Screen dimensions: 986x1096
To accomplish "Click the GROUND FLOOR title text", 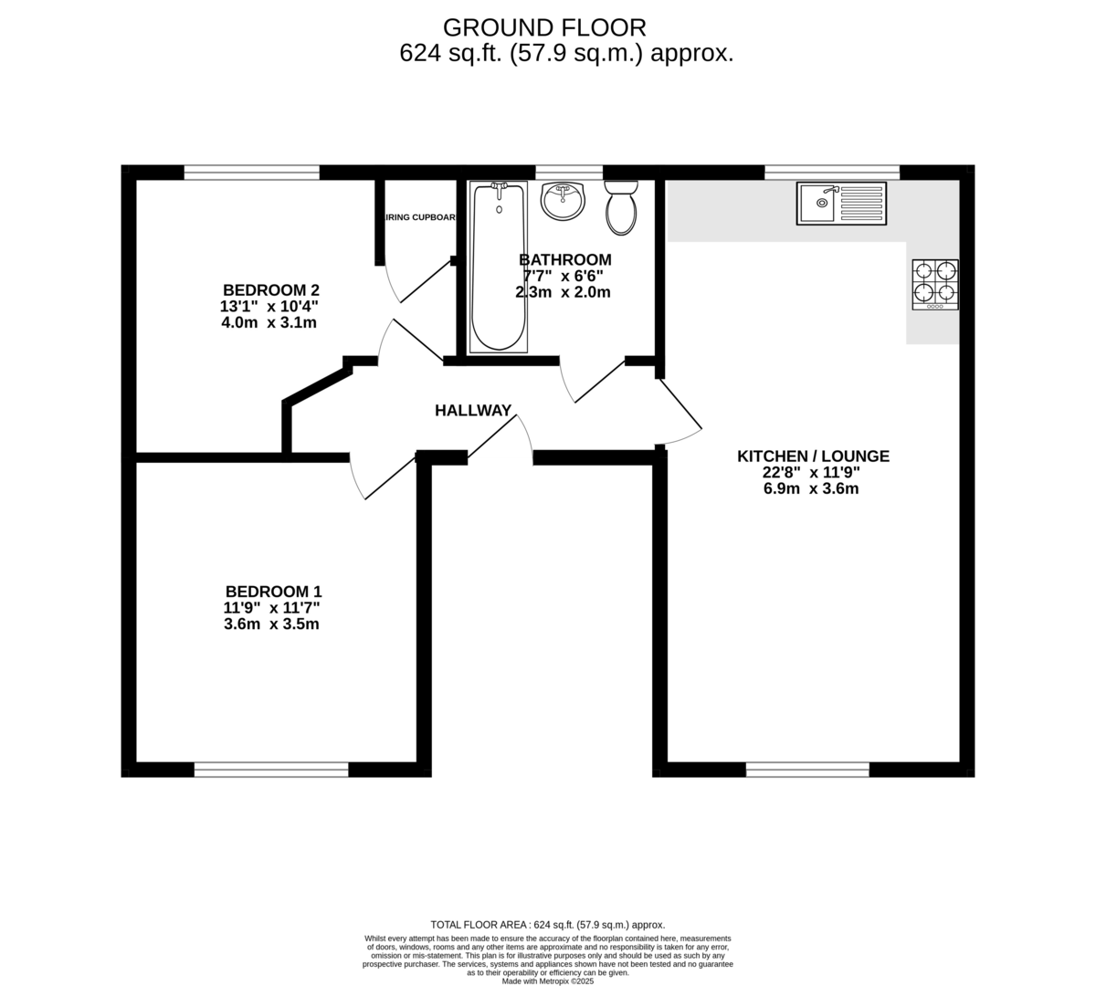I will [544, 27].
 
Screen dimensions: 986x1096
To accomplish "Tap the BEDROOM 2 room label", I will [271, 290].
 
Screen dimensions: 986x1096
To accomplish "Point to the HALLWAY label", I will [473, 411].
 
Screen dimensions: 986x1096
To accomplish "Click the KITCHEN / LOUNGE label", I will [813, 456].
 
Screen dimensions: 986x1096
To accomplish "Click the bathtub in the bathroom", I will [499, 267].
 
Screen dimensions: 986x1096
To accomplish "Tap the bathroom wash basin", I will [563, 201].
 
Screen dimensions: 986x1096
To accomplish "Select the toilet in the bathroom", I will [622, 207].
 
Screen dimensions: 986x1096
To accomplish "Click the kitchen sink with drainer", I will [840, 203].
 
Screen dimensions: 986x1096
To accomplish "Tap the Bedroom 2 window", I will [251, 172].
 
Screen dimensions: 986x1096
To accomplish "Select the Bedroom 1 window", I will [271, 770].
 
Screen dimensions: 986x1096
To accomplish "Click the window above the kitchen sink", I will [831, 172].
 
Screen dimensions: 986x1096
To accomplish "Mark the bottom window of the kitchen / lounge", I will [807, 770].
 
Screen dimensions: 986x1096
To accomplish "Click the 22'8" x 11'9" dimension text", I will [812, 473].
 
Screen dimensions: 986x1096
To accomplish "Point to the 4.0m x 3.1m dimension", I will [269, 322].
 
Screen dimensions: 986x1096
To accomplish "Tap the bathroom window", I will [569, 172].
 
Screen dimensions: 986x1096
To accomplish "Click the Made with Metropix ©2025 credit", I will [548, 981].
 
